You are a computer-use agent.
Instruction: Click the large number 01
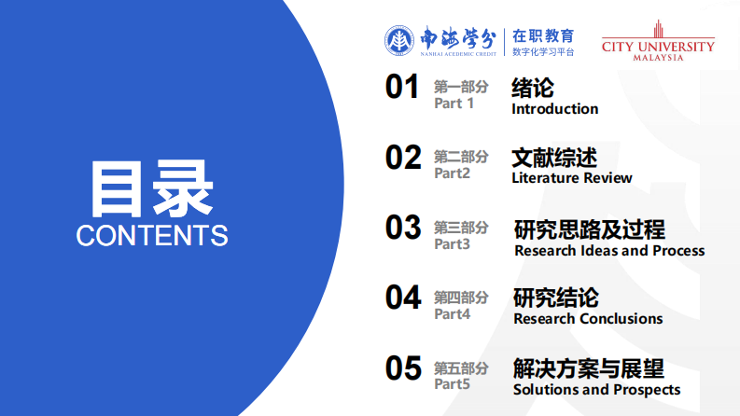point(403,88)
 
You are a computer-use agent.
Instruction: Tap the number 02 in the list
point(404,158)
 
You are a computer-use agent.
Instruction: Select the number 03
point(404,228)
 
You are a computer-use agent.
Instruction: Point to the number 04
point(404,298)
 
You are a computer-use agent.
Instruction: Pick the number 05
point(404,368)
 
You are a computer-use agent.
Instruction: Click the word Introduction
point(554,109)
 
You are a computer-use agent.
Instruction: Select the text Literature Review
point(571,178)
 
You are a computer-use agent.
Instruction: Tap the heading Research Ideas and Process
point(609,251)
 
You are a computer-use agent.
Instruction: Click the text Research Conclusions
point(588,319)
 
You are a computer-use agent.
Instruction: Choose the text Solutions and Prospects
point(596,390)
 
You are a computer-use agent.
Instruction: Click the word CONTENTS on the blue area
point(152,235)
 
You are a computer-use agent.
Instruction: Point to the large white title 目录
point(152,188)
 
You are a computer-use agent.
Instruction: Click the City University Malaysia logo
point(658,41)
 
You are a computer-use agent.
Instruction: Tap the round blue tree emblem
point(398,40)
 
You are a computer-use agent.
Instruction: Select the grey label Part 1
point(454,104)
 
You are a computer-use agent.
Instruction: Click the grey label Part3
point(453,244)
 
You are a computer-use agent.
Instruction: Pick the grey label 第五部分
point(461,368)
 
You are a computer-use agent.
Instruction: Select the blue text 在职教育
point(543,35)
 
